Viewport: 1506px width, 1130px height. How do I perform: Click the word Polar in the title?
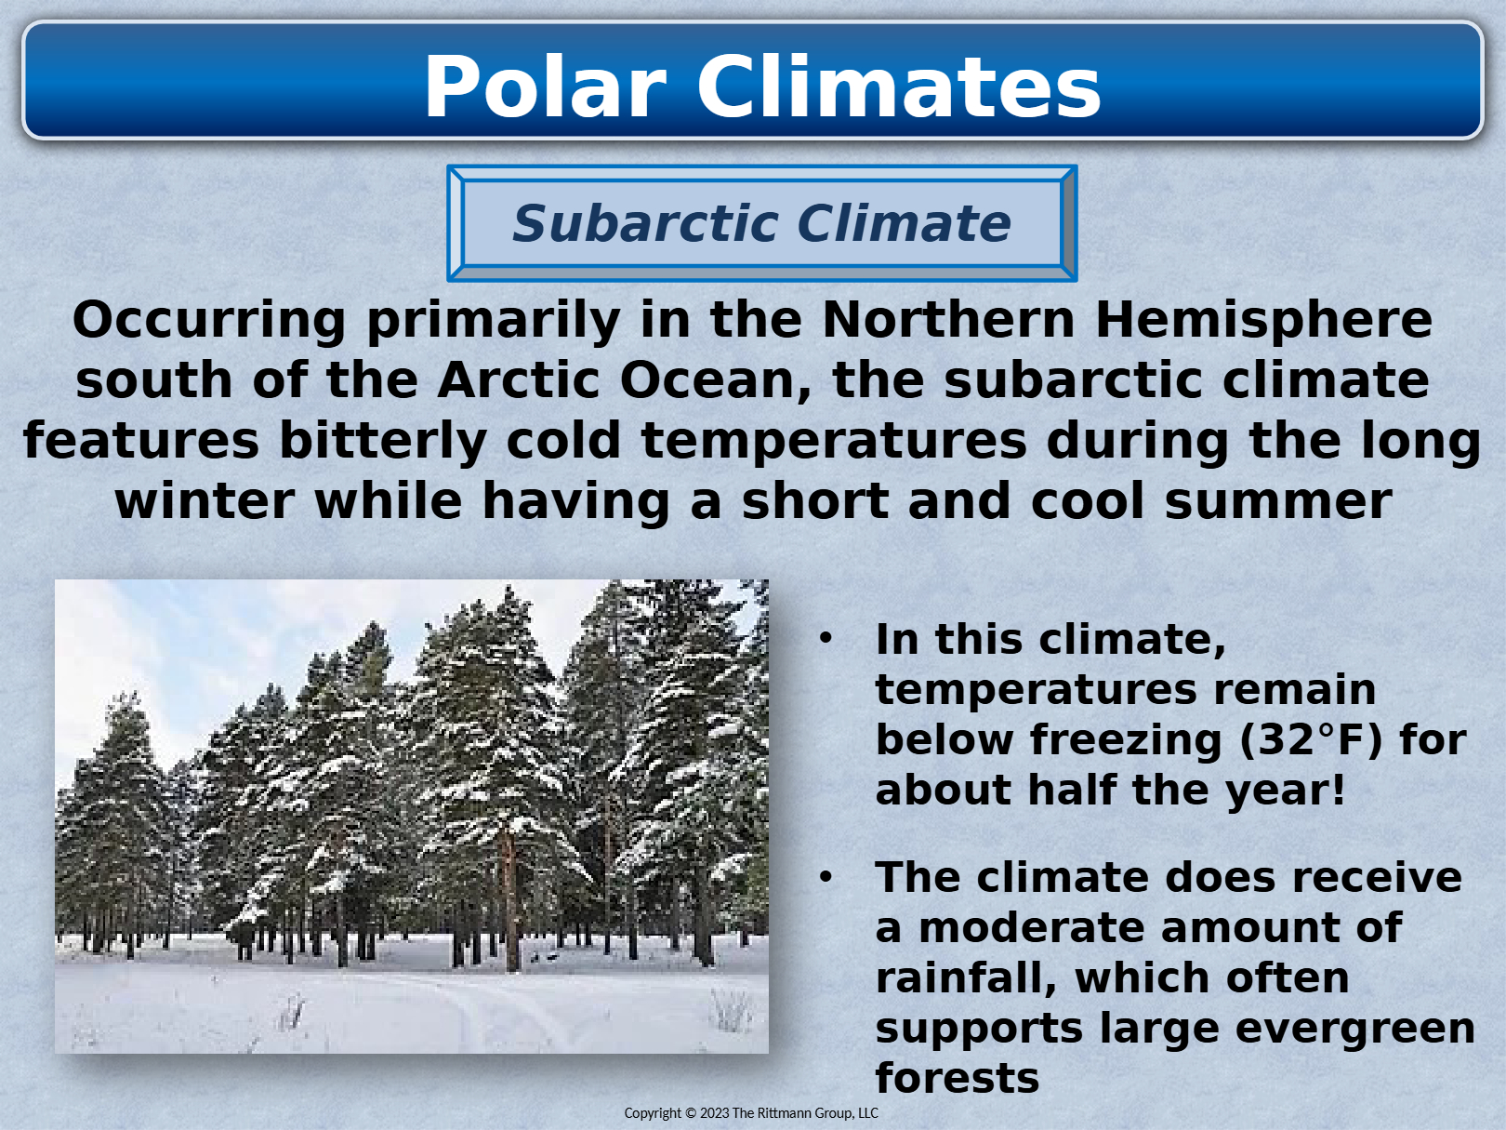click(x=546, y=87)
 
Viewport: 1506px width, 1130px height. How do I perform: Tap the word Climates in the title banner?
click(x=899, y=87)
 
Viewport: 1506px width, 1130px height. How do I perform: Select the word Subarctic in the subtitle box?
click(x=645, y=223)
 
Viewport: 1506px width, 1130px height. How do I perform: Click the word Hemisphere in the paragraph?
click(x=1263, y=321)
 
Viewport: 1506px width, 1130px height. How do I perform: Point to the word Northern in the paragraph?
click(x=948, y=319)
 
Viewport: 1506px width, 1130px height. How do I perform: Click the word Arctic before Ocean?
click(x=519, y=380)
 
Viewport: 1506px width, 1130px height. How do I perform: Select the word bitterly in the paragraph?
click(x=383, y=442)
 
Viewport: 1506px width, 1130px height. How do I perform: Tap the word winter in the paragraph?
click(x=205, y=501)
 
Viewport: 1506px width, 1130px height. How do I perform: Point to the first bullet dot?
click(x=826, y=639)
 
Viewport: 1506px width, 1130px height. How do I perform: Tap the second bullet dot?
click(x=826, y=877)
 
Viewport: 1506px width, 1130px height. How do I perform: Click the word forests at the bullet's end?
click(x=958, y=1078)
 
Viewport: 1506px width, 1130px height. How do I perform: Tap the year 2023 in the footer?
click(x=714, y=1113)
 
